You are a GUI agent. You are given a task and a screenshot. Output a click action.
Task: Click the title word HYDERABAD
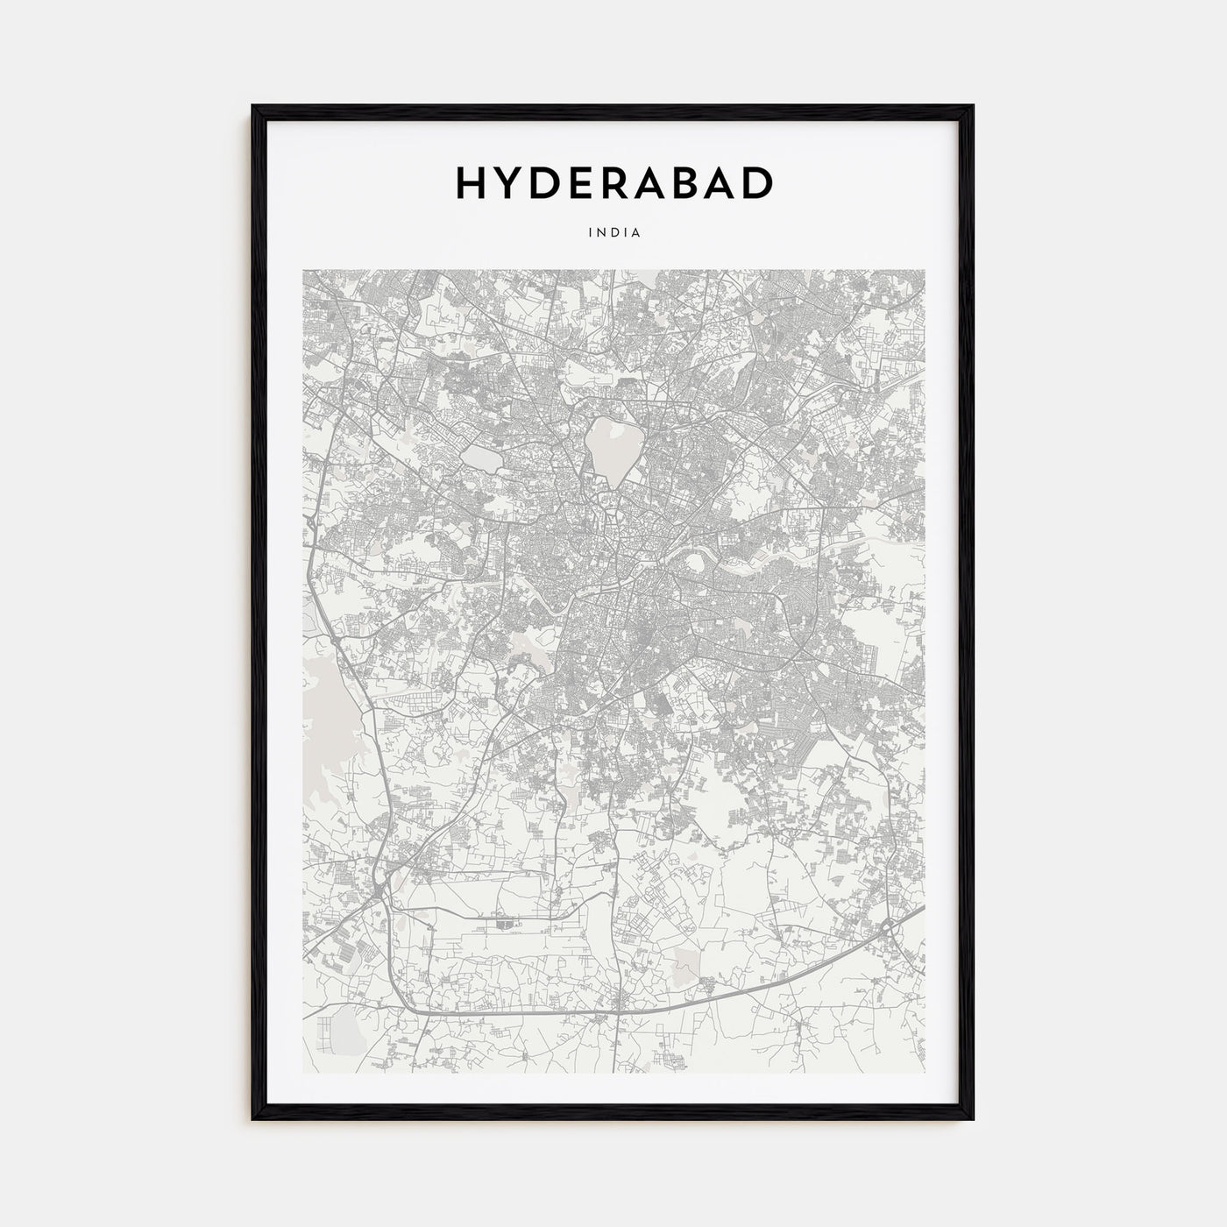tap(613, 182)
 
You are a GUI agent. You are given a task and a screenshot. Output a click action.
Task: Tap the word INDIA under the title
tap(613, 233)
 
